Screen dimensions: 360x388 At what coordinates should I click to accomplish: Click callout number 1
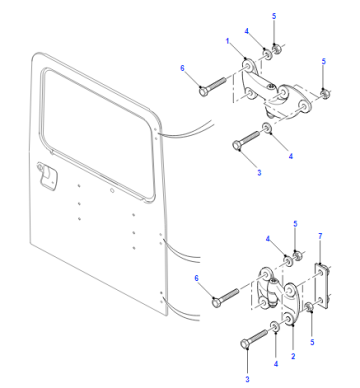[228, 41]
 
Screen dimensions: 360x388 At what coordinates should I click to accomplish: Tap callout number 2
[293, 356]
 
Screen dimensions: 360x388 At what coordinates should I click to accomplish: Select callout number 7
[320, 236]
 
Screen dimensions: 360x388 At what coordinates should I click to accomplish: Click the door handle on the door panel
[47, 176]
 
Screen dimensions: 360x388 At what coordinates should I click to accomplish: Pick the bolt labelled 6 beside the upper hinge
[213, 85]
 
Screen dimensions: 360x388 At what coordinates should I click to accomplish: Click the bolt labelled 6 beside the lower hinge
[226, 297]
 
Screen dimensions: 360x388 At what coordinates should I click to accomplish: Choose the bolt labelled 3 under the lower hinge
[254, 338]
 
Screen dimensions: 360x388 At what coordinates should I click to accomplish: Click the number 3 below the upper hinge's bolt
[259, 173]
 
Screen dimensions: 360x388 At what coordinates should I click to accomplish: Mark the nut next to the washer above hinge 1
[276, 50]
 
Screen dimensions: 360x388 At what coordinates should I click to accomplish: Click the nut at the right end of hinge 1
[325, 93]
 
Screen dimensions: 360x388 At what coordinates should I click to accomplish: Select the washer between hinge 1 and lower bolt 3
[267, 128]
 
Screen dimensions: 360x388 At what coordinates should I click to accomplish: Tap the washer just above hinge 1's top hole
[267, 55]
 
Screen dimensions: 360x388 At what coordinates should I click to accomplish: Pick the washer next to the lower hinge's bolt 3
[275, 327]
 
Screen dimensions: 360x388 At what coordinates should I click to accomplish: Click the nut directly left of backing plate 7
[309, 308]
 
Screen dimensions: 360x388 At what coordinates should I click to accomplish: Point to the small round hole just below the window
[112, 191]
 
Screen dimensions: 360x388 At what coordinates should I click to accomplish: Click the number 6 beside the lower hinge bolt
[196, 278]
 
